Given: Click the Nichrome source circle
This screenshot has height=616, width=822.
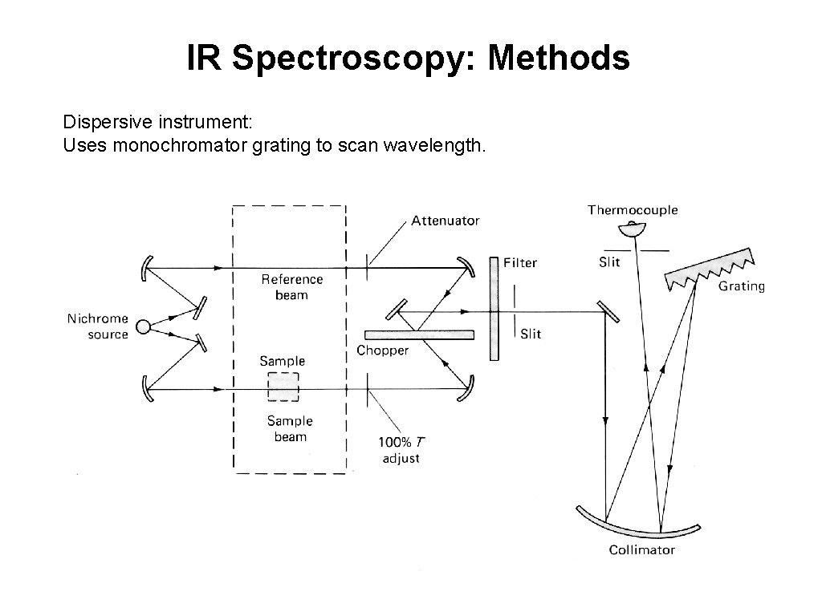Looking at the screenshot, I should (143, 326).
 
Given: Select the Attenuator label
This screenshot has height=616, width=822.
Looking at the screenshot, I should (446, 221).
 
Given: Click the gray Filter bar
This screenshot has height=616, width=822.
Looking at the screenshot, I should (494, 309).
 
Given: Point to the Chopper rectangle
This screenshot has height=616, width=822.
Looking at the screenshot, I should (419, 334).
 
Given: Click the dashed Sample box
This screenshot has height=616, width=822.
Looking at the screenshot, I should (283, 387).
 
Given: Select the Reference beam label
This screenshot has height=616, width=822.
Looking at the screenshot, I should (292, 287).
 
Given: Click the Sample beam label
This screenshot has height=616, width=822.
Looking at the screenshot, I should (290, 428).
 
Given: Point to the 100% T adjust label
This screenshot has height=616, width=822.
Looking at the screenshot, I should (400, 450).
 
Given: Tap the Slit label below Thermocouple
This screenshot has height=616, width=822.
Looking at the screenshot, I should (609, 263).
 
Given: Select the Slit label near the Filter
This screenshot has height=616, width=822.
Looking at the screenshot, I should (531, 334).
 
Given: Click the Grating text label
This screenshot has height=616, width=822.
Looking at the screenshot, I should (741, 286).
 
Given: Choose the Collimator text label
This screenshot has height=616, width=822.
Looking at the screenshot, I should (641, 550).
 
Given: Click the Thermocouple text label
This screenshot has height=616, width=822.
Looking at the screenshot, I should (633, 210).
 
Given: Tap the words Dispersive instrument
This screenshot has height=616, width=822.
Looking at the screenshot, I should (157, 123).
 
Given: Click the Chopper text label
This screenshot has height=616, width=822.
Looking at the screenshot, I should (382, 351).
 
